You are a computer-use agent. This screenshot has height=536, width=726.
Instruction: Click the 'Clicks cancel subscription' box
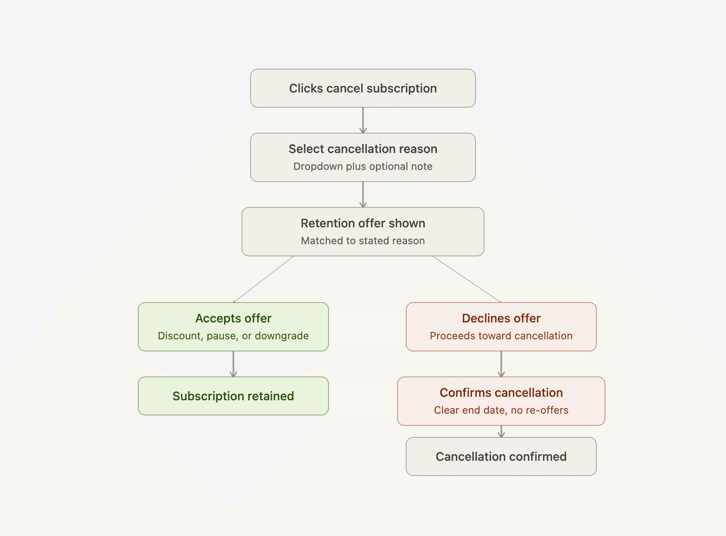[363, 88]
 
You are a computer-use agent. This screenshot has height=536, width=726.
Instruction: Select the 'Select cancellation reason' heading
[363, 149]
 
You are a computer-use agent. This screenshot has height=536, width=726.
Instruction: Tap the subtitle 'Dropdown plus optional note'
[363, 166]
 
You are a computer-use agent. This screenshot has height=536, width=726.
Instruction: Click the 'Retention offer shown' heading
[363, 223]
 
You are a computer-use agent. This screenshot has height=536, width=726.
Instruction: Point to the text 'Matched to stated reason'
[363, 241]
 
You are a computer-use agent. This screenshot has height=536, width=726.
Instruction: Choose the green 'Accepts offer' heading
[233, 319]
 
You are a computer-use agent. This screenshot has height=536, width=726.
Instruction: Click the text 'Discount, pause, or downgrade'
[233, 336]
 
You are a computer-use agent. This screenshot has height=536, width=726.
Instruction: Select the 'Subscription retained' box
[233, 396]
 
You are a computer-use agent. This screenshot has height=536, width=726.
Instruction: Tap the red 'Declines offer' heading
[501, 318]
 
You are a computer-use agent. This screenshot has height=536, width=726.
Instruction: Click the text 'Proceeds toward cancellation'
[501, 336]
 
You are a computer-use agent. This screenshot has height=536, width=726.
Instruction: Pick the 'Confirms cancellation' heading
[501, 392]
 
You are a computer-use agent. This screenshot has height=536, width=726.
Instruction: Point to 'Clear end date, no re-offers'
[501, 410]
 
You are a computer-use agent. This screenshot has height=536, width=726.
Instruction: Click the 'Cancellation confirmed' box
[501, 456]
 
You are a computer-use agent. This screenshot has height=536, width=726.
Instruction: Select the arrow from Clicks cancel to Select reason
[363, 120]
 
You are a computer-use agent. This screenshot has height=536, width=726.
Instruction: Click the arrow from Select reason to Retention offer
[363, 194]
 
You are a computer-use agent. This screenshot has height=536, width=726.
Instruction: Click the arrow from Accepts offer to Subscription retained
[233, 364]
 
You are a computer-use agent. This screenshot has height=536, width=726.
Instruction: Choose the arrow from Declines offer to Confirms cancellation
[501, 364]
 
